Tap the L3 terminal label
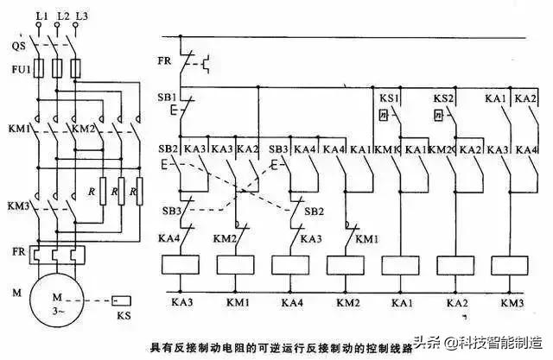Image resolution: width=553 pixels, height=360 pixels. point(81,16)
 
